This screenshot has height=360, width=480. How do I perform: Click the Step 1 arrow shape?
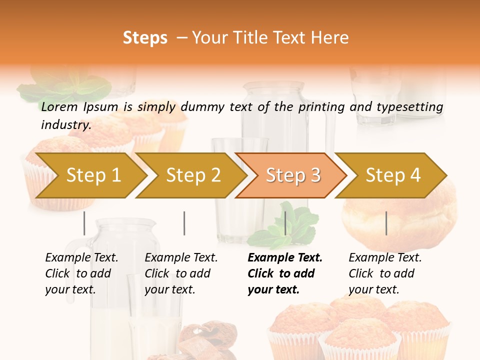click(93, 175)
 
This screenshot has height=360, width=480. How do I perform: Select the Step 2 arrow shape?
click(193, 175)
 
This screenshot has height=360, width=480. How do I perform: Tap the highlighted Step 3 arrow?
click(293, 175)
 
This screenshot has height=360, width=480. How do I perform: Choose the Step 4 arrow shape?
click(393, 175)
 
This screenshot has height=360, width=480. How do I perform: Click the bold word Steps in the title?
click(145, 38)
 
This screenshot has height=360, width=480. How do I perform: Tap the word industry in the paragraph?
click(66, 125)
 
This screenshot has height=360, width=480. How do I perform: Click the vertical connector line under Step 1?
click(84, 223)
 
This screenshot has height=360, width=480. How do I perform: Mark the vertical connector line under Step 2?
click(184, 223)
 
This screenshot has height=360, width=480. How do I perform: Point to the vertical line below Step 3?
click(285, 223)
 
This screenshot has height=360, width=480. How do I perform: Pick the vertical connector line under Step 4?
click(386, 223)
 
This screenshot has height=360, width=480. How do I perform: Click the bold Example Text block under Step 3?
click(285, 273)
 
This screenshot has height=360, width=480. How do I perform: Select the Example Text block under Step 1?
click(81, 273)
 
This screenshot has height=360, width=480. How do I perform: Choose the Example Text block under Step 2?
click(181, 273)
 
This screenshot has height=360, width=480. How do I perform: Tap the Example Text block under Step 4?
click(385, 273)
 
